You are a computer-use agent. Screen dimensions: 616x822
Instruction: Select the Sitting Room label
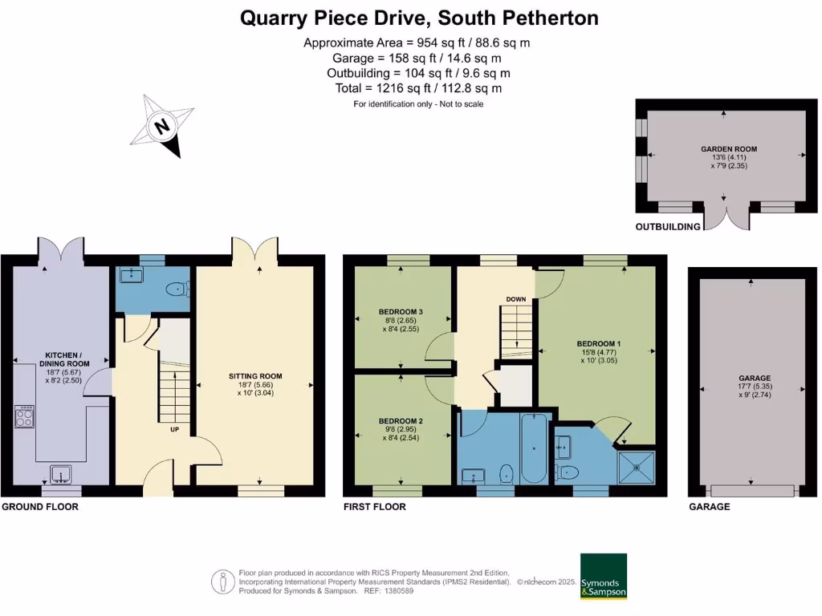coord(255,376)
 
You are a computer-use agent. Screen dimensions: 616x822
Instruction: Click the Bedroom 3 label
coord(401,312)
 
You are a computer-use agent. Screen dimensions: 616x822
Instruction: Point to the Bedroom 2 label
coord(401,421)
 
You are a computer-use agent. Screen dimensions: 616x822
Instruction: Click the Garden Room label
coord(729,148)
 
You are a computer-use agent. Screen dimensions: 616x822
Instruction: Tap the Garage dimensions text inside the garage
coord(754,387)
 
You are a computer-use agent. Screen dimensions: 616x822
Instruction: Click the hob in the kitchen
coord(23,416)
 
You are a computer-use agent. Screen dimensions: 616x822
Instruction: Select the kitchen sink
coord(61,475)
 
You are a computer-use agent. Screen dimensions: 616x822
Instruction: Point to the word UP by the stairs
coord(174,429)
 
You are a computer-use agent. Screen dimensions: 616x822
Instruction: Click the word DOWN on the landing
coord(515,299)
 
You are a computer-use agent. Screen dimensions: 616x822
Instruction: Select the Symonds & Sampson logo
coord(604,576)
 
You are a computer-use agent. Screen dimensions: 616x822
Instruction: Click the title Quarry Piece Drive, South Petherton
coord(419,18)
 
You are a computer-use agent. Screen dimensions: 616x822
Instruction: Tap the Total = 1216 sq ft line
coord(419,88)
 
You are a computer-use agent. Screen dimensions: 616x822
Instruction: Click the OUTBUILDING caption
coord(667,227)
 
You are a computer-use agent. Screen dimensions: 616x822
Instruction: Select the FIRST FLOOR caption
coord(374,507)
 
